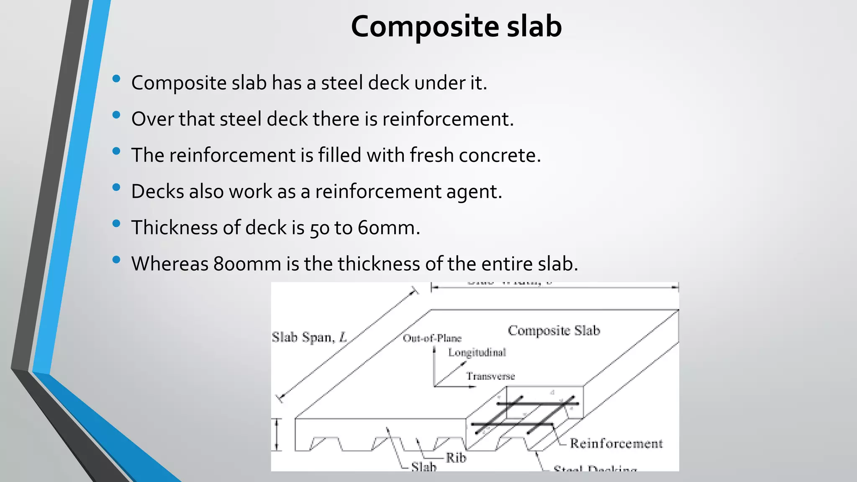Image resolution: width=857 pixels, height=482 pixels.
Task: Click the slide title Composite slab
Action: click(x=456, y=26)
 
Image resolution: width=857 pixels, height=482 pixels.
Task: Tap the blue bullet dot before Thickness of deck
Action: click(x=116, y=223)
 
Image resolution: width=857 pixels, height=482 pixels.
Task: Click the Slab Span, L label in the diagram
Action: click(x=309, y=337)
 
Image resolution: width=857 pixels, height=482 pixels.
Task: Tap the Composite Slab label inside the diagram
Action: click(x=554, y=331)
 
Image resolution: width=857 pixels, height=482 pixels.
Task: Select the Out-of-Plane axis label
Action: click(x=432, y=338)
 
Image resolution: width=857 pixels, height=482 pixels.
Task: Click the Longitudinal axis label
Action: click(x=477, y=352)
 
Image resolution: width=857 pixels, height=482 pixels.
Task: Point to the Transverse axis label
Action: click(x=490, y=376)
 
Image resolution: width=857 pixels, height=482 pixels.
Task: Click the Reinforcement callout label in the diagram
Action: click(x=616, y=444)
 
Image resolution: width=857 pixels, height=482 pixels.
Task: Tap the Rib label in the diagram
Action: click(x=456, y=458)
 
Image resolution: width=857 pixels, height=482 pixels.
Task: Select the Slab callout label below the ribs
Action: click(x=423, y=467)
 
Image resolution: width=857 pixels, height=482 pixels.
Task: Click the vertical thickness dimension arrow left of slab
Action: click(x=277, y=435)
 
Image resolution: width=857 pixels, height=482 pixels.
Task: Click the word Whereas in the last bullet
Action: click(x=169, y=264)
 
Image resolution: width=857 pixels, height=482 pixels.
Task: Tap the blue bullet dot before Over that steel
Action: click(x=116, y=115)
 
